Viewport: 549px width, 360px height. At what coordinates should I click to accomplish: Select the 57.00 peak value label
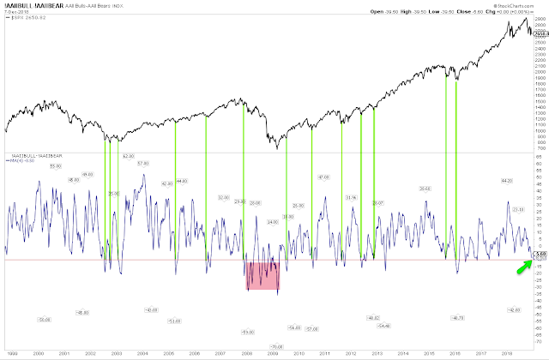[143, 163]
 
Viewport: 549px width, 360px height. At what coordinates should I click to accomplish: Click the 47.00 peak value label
[323, 177]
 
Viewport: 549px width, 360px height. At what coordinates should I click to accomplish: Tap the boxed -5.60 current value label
[538, 252]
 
